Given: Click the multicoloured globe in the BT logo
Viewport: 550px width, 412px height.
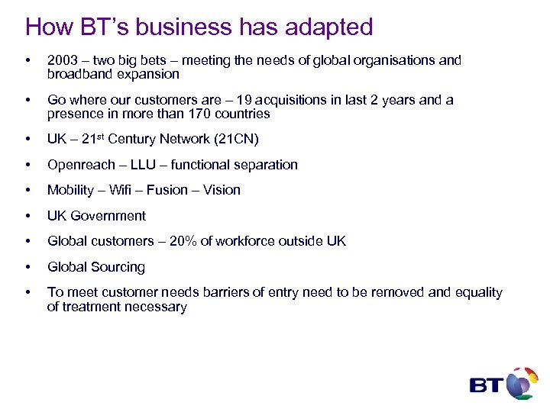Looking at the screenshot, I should (522, 382).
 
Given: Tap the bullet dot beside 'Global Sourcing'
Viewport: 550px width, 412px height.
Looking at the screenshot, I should (28, 267).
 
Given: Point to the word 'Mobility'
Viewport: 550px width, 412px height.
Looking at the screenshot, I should (71, 190).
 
